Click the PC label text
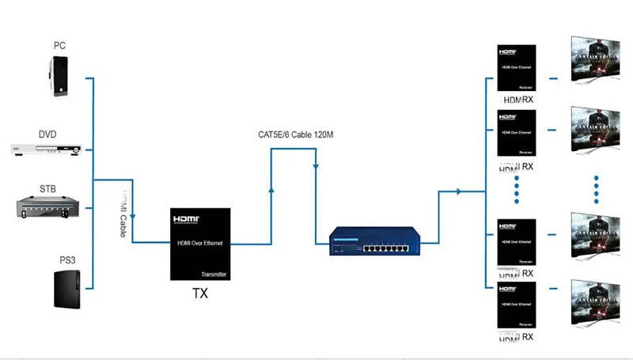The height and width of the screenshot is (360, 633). coord(59,45)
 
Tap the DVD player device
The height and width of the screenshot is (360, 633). coord(47,149)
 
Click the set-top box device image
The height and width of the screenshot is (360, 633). coord(48,206)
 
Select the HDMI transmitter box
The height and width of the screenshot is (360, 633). coord(201,244)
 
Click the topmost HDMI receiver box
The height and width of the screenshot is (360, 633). coord(517,69)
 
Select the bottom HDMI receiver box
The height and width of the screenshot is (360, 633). coord(517,305)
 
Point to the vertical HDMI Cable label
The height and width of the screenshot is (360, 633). coord(124,211)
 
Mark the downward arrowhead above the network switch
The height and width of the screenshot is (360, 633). coord(316,167)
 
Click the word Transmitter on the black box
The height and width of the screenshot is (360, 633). coord(214,273)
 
